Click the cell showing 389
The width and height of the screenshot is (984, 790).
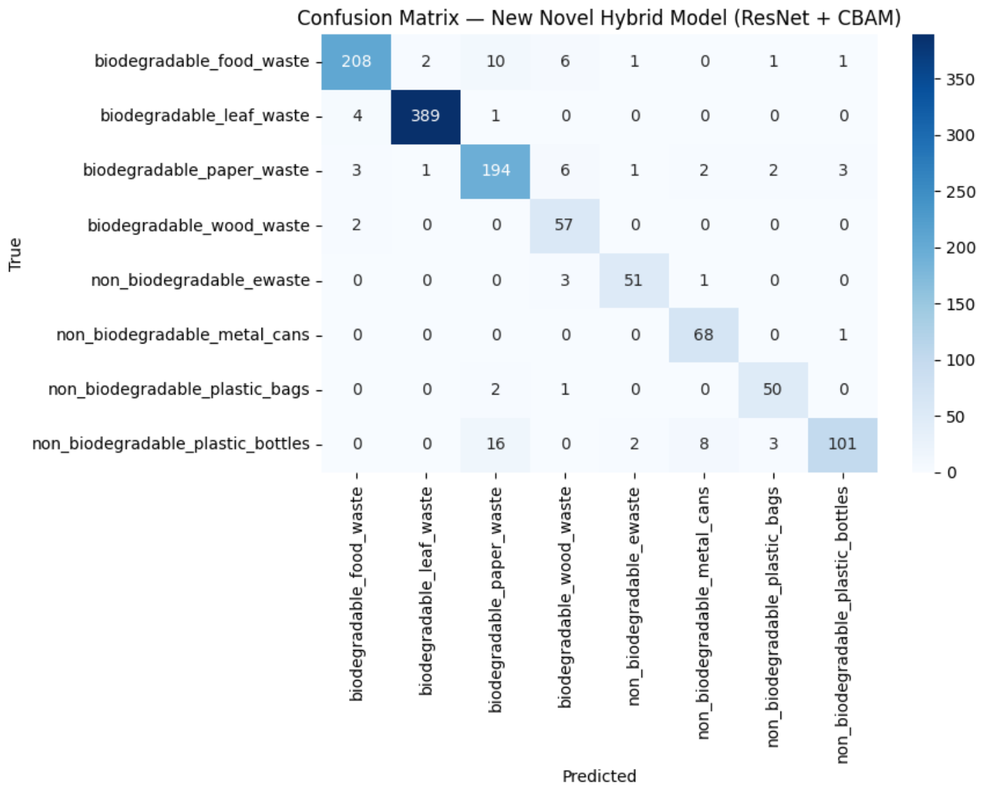pyautogui.click(x=425, y=116)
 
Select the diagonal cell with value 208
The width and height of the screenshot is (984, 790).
pyautogui.click(x=356, y=62)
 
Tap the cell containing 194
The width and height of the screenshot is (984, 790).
pyautogui.click(x=495, y=171)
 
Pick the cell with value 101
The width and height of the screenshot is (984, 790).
pyautogui.click(x=842, y=444)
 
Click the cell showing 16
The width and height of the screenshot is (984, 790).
pyautogui.click(x=495, y=444)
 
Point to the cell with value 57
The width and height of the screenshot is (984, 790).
pyautogui.click(x=564, y=225)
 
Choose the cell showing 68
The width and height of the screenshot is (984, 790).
pyautogui.click(x=704, y=335)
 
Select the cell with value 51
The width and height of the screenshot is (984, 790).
pyautogui.click(x=634, y=280)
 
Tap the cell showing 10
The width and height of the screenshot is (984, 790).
pyautogui.click(x=495, y=62)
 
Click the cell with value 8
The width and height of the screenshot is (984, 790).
pyautogui.click(x=704, y=444)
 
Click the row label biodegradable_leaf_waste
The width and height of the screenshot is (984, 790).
pyautogui.click(x=205, y=115)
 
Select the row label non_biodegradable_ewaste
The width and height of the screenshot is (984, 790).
pyautogui.click(x=200, y=280)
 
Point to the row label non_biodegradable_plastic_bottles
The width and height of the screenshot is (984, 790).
pyautogui.click(x=171, y=444)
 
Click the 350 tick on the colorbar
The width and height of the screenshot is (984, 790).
pyautogui.click(x=960, y=80)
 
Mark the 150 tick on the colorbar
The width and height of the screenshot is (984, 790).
pyautogui.click(x=960, y=304)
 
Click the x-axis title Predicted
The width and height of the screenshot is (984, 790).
pyautogui.click(x=599, y=776)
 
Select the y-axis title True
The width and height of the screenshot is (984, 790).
pyautogui.click(x=15, y=254)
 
